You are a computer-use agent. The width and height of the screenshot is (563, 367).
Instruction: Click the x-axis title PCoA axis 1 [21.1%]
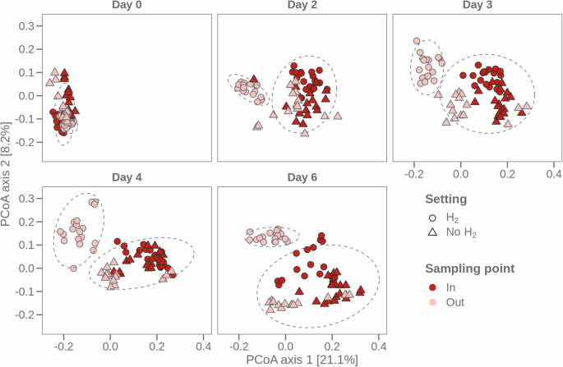(x=300, y=359)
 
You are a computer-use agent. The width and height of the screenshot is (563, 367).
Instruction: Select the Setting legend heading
(x=446, y=199)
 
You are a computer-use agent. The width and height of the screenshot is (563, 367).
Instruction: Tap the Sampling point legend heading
(x=470, y=268)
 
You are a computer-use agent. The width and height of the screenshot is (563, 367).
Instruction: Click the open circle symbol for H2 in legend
(x=432, y=218)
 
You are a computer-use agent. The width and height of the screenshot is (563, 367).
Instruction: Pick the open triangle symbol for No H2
(x=432, y=232)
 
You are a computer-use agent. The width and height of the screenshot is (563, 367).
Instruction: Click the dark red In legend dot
(x=432, y=287)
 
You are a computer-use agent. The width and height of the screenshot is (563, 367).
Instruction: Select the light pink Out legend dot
(x=432, y=302)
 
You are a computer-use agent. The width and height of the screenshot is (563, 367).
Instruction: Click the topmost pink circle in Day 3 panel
(x=417, y=40)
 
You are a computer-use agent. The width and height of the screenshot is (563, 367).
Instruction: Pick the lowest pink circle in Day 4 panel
(x=73, y=268)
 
